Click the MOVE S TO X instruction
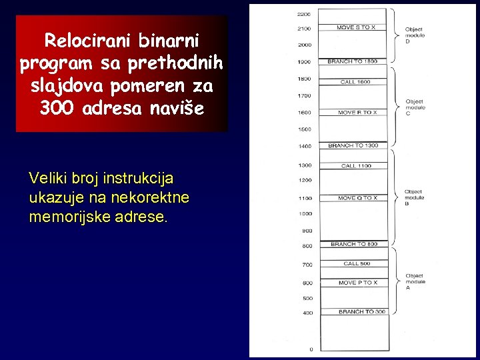click(x=355, y=27)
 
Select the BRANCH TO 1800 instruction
click(x=352, y=61)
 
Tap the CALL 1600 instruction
click(x=355, y=81)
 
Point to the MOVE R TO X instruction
click(x=357, y=112)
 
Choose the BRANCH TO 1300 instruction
click(x=353, y=145)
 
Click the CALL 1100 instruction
click(x=356, y=165)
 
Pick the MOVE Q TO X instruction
click(x=357, y=197)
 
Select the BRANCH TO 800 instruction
click(x=353, y=244)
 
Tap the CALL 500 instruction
click(x=357, y=263)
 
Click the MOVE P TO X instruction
click(x=357, y=283)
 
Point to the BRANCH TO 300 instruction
click(x=361, y=311)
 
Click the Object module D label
click(x=414, y=35)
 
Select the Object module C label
click(x=415, y=107)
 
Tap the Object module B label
click(x=413, y=197)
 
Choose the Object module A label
click(x=414, y=281)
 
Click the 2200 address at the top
click(x=304, y=13)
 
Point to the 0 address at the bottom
click(x=311, y=349)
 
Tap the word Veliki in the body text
click(x=47, y=178)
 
